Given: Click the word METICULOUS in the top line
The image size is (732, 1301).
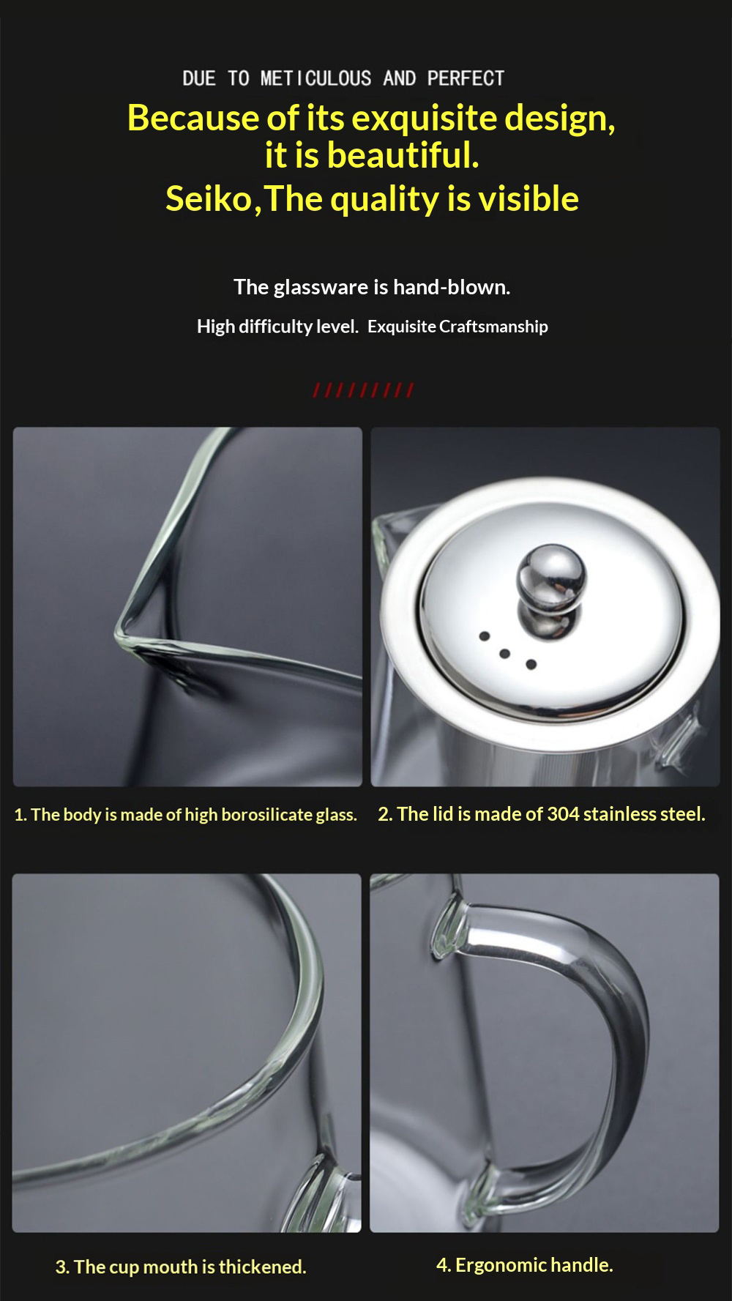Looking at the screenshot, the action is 315,78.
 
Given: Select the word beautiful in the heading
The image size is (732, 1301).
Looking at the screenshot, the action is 403,155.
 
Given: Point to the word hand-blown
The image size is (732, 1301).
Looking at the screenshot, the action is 452,287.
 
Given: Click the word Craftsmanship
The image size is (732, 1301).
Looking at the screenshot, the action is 493,327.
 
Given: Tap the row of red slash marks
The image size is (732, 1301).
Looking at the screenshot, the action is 364,389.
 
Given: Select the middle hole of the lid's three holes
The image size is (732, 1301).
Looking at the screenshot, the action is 505,653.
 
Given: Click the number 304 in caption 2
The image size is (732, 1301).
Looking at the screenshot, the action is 563,814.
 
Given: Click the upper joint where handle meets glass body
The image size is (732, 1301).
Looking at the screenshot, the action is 449,926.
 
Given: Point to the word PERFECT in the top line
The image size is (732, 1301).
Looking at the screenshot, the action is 466,78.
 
